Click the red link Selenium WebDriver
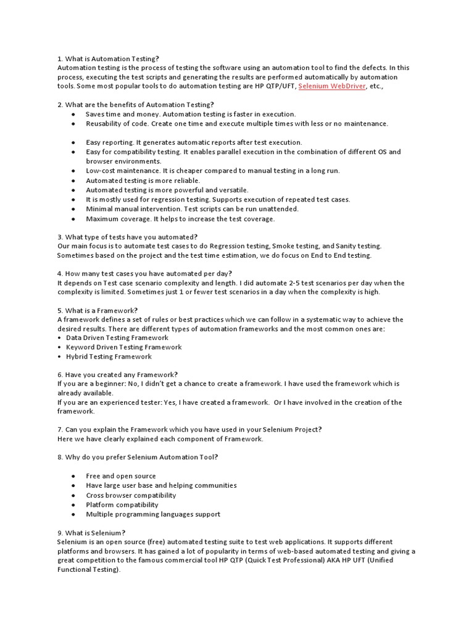coord(331,87)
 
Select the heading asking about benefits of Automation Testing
coord(135,104)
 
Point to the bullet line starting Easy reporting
coord(194,142)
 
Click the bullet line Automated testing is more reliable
coord(143,180)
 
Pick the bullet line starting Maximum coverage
coord(180,219)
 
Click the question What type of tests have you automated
coord(127,237)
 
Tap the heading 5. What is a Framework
coord(98,310)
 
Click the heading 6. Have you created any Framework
coord(117,375)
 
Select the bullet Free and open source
coord(121,476)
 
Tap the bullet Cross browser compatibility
coord(131,495)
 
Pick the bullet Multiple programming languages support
coord(153,514)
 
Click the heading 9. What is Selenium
coord(91,532)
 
